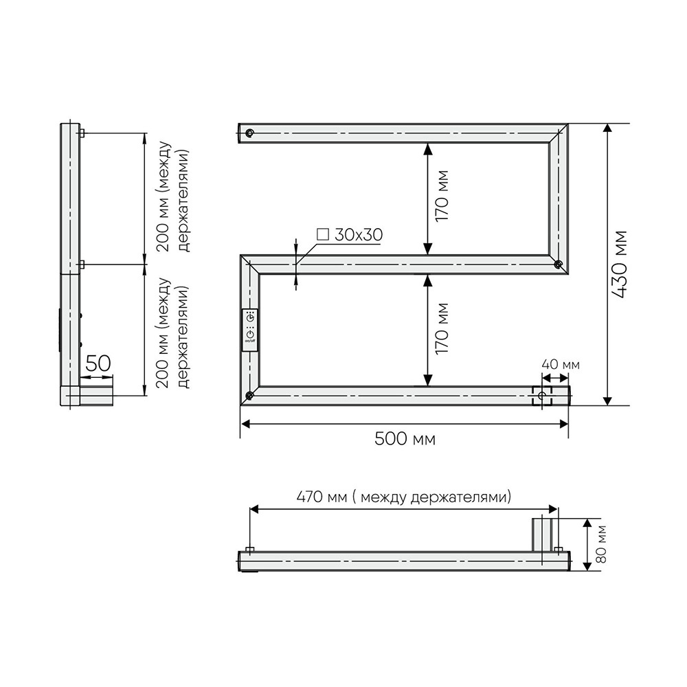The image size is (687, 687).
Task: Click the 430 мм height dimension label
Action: [621, 265]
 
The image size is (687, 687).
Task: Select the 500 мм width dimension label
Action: [405, 438]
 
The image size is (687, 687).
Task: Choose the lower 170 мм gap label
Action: [442, 328]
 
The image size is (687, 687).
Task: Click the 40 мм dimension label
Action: [561, 365]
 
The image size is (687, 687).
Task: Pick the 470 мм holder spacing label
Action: [404, 497]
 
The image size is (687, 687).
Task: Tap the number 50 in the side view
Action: [98, 363]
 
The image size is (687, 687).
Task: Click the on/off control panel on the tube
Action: [250, 330]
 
